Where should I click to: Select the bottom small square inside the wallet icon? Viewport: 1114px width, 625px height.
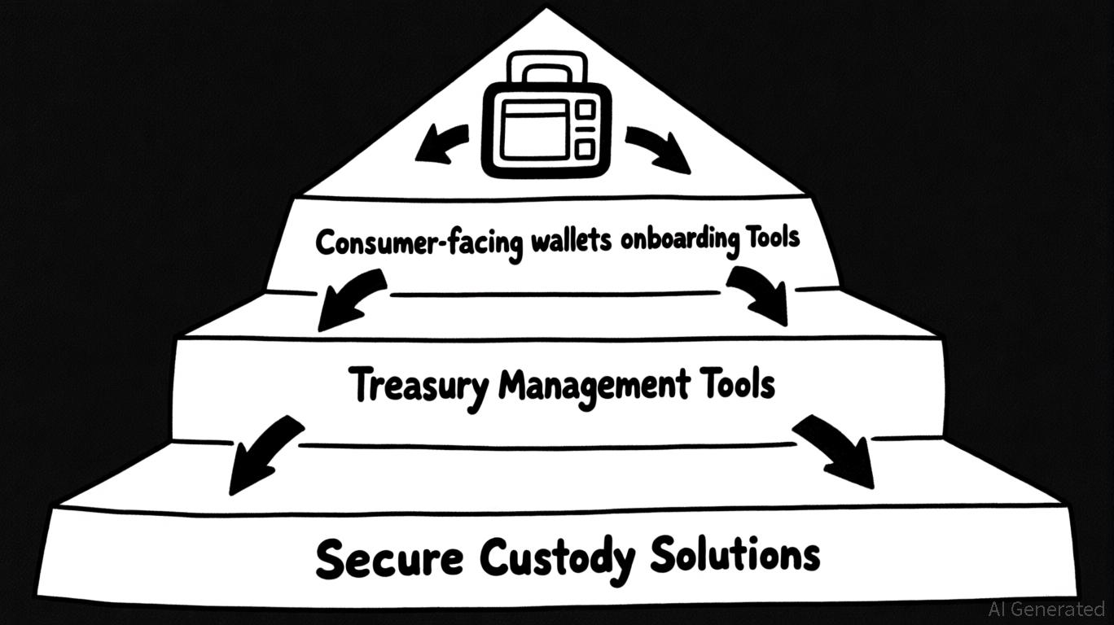point(585,148)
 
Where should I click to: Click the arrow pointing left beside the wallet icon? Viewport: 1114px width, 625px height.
point(441,142)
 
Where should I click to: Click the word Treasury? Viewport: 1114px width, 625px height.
point(420,385)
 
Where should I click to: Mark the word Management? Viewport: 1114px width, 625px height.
point(593,384)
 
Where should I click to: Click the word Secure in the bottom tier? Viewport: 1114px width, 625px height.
point(388,559)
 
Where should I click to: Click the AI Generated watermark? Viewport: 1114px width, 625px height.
point(1046,608)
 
